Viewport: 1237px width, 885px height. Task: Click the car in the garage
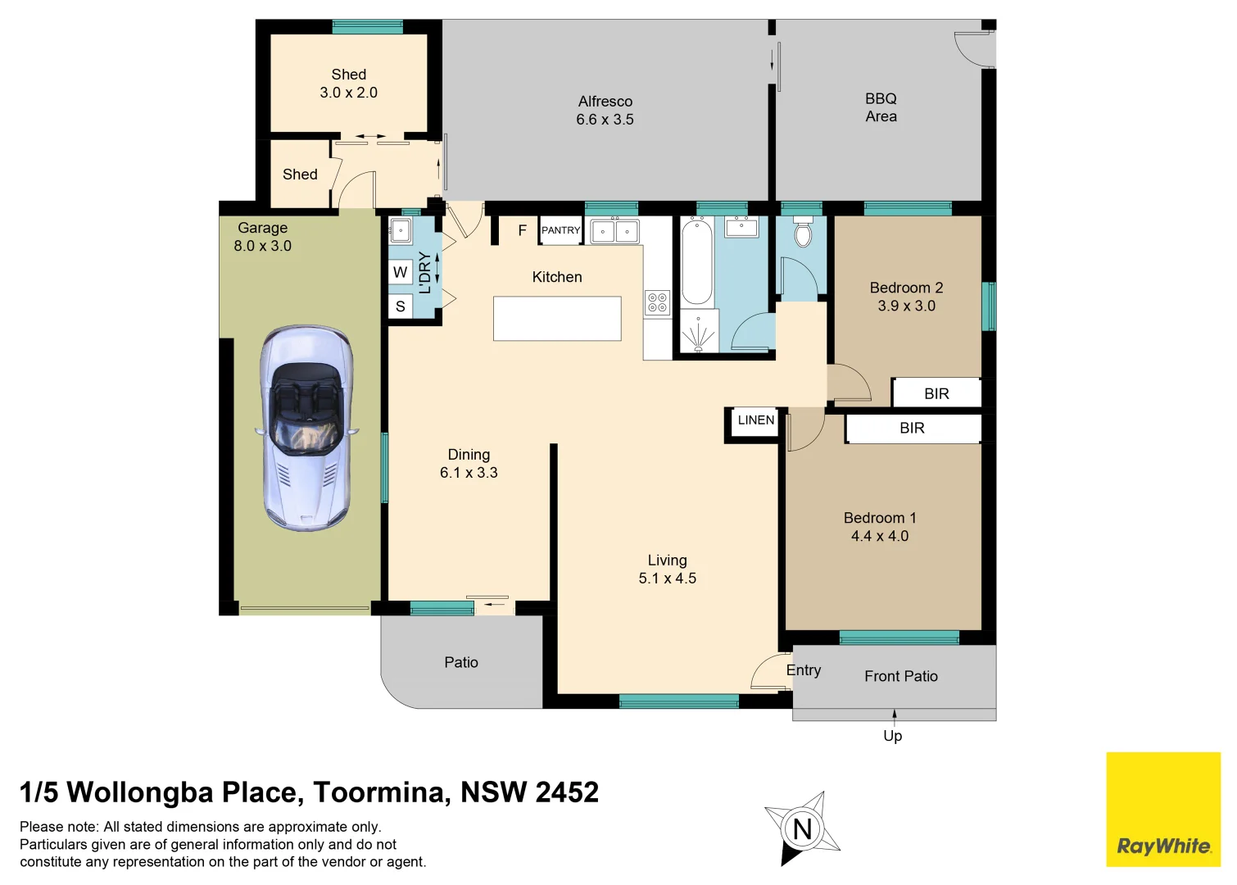pyautogui.click(x=306, y=428)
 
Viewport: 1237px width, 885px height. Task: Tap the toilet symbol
pyautogui.click(x=803, y=233)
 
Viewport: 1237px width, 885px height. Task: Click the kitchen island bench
pyautogui.click(x=557, y=319)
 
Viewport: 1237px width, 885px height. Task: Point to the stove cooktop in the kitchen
pyautogui.click(x=657, y=302)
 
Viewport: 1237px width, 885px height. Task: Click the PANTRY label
pyautogui.click(x=560, y=230)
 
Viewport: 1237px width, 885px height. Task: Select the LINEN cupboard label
pyautogui.click(x=755, y=420)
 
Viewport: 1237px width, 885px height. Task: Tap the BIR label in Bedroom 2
pyautogui.click(x=936, y=394)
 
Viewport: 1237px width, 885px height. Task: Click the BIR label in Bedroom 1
pyautogui.click(x=912, y=429)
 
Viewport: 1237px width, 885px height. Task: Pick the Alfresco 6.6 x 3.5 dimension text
pyautogui.click(x=605, y=120)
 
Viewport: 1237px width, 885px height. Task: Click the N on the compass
pyautogui.click(x=802, y=829)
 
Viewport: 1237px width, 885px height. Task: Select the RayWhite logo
pyautogui.click(x=1163, y=846)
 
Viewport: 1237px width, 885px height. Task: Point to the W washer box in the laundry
pyautogui.click(x=400, y=273)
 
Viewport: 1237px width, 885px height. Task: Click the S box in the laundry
pyautogui.click(x=400, y=306)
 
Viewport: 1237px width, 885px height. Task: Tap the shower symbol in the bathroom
pyautogui.click(x=699, y=333)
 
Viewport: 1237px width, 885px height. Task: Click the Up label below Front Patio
pyautogui.click(x=892, y=736)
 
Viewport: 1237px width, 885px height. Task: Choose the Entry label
pyautogui.click(x=803, y=670)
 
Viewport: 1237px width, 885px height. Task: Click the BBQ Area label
pyautogui.click(x=881, y=107)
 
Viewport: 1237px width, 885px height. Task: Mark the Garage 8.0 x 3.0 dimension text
pyautogui.click(x=262, y=246)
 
